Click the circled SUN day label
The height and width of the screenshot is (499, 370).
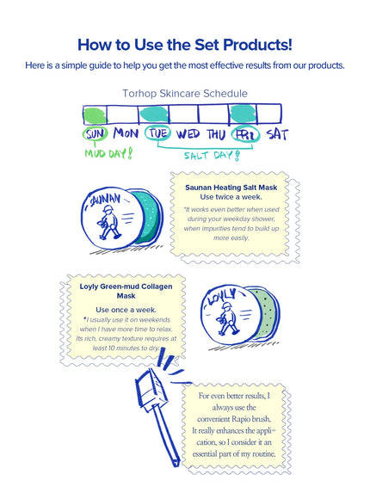96,134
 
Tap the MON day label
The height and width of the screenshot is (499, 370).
126,133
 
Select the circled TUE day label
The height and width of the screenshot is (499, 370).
158,133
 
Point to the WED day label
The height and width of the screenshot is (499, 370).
188,133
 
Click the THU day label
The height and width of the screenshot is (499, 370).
216,134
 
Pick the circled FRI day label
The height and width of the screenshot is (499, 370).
245,134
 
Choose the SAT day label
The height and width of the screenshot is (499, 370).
277,134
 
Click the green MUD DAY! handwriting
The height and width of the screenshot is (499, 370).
108,154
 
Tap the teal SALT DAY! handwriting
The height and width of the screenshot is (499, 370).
212,156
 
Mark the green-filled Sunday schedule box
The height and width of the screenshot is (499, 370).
95,115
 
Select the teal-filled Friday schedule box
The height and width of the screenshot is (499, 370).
243,114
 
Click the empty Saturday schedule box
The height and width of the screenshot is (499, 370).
269,114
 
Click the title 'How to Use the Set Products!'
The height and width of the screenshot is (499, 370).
185,45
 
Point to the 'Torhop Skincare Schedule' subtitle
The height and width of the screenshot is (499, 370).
185,93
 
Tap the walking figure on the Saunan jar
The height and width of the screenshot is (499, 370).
109,222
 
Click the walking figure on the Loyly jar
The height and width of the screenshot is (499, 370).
227,318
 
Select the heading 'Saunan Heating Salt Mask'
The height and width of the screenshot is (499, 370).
231,188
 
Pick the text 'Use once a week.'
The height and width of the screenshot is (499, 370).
126,310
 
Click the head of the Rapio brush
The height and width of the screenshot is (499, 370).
151,389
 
